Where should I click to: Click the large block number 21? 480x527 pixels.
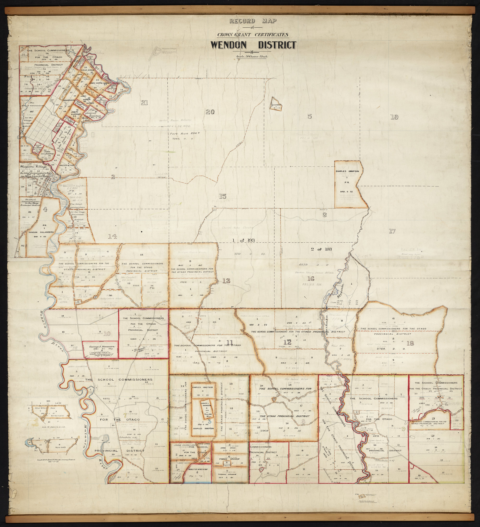[144, 103]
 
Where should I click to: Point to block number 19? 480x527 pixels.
[394, 117]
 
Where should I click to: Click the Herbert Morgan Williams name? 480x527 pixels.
[176, 120]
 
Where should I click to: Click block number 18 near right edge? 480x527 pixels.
[410, 343]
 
